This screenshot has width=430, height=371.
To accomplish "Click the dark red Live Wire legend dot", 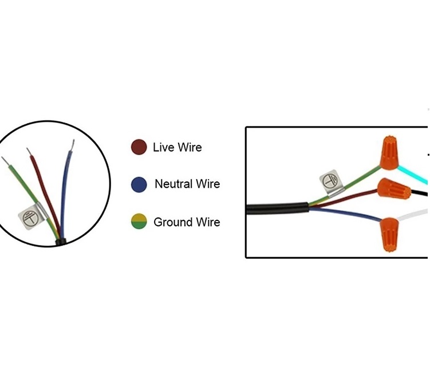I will pyautogui.click(x=139, y=147).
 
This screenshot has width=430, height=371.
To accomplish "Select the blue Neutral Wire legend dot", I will pyautogui.click(x=139, y=184).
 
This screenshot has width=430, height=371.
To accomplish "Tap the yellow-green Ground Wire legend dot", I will pyautogui.click(x=139, y=222).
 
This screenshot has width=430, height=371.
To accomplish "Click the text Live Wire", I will pyautogui.click(x=177, y=147).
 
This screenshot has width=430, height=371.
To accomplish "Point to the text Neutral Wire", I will pyautogui.click(x=187, y=184).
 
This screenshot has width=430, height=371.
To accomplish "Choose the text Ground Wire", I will pyautogui.click(x=187, y=222).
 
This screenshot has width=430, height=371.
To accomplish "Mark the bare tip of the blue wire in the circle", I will pyautogui.click(x=72, y=145).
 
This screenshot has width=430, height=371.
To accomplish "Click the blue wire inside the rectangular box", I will pyautogui.click(x=344, y=213).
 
